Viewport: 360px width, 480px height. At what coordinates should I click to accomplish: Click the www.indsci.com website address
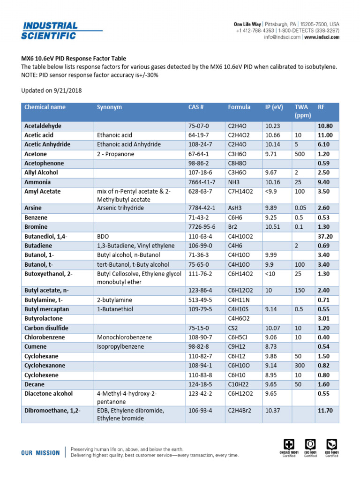coord(322,37)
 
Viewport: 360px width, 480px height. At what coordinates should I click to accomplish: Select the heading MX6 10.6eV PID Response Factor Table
coord(74,59)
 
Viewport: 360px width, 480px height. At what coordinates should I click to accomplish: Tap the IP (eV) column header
coord(274,107)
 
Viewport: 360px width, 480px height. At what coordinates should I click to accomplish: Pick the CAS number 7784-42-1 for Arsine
coord(202,208)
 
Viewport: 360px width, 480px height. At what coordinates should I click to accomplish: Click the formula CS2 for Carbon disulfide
coord(233,328)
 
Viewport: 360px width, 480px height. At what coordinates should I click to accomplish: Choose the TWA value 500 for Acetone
coord(300,154)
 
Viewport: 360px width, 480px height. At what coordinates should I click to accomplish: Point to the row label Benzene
coord(37,217)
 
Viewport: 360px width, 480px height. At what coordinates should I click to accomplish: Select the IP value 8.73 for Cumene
coord(272,346)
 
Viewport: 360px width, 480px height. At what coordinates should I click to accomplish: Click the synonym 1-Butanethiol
coord(115,309)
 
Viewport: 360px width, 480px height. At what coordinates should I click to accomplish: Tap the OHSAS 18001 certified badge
coord(289,447)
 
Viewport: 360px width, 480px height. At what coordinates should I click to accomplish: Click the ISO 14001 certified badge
coord(332,447)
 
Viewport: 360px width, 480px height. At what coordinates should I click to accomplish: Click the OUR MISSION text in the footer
coord(40,453)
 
